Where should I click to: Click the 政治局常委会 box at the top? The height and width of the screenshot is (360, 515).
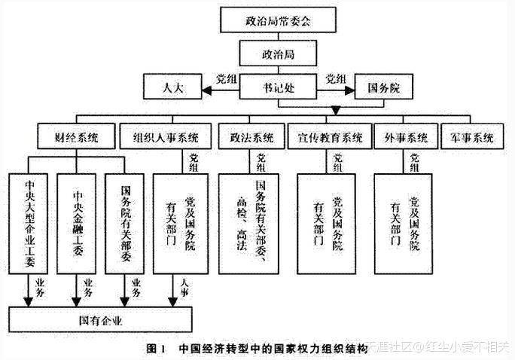pyautogui.click(x=278, y=22)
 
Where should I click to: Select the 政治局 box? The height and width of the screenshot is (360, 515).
pyautogui.click(x=277, y=54)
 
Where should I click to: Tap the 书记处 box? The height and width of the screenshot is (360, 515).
pyautogui.click(x=278, y=88)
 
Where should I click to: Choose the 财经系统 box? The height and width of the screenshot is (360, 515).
pyautogui.click(x=75, y=138)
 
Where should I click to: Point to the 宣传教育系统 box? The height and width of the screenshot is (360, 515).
pyautogui.click(x=330, y=138)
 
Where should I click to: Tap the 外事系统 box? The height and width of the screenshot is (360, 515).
pyautogui.click(x=406, y=138)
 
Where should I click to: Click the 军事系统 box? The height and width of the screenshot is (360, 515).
pyautogui.click(x=472, y=138)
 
